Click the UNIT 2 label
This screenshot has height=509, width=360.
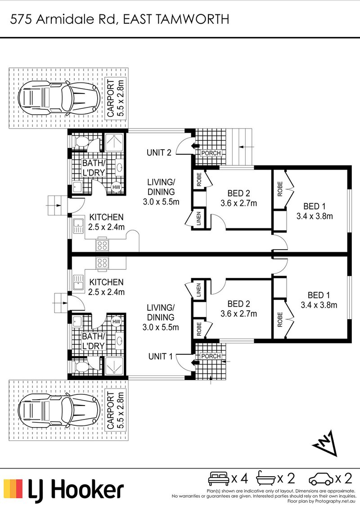click(x=159, y=152)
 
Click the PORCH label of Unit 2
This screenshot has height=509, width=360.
click(x=211, y=153)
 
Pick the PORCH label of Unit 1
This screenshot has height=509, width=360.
click(x=211, y=356)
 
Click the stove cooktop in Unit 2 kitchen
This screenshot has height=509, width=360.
click(x=102, y=246)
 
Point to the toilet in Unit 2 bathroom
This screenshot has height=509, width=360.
click(x=82, y=141)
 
